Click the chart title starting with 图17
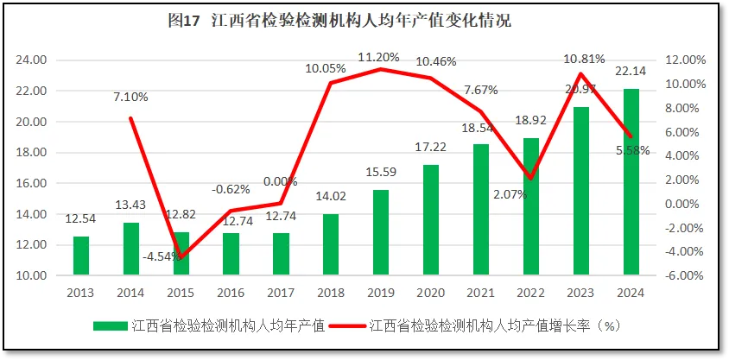click(x=339, y=21)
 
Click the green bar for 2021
click(x=481, y=210)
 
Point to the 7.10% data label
click(x=130, y=97)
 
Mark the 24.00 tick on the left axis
click(x=32, y=60)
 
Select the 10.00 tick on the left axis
click(x=32, y=275)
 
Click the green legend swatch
click(x=110, y=325)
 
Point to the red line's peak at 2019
click(x=380, y=69)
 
